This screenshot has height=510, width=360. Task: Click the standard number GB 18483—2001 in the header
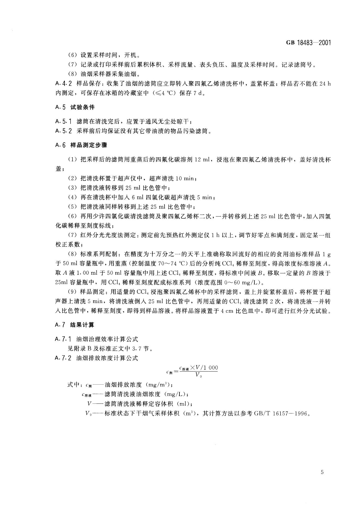(308, 43)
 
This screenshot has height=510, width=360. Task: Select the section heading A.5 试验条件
(75, 107)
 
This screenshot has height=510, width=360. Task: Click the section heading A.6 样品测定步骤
(81, 145)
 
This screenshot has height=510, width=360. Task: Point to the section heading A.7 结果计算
(75, 325)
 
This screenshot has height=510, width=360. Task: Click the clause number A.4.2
(63, 84)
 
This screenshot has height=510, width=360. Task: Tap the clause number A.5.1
(63, 121)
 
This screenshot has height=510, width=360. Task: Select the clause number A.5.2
(63, 131)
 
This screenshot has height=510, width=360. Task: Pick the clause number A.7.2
(63, 358)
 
